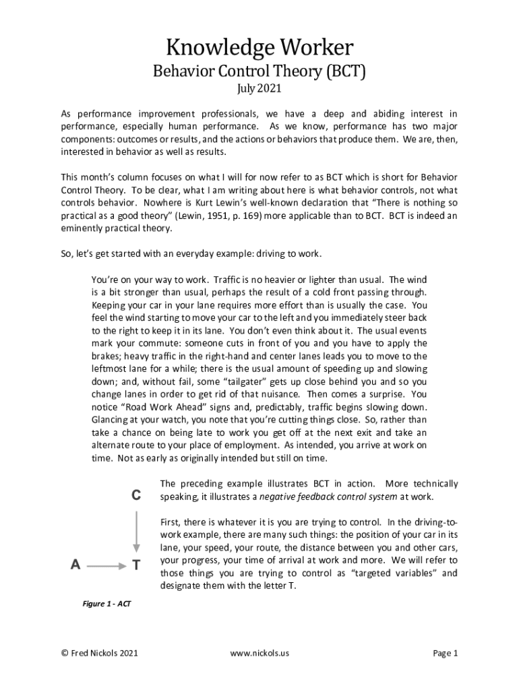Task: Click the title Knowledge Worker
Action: [259, 48]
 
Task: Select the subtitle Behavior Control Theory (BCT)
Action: [259, 71]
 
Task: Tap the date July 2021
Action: [259, 89]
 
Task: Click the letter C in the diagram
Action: [136, 495]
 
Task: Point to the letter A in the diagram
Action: [75, 566]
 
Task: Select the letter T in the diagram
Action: [136, 566]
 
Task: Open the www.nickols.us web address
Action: [259, 653]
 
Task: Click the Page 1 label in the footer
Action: [446, 653]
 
